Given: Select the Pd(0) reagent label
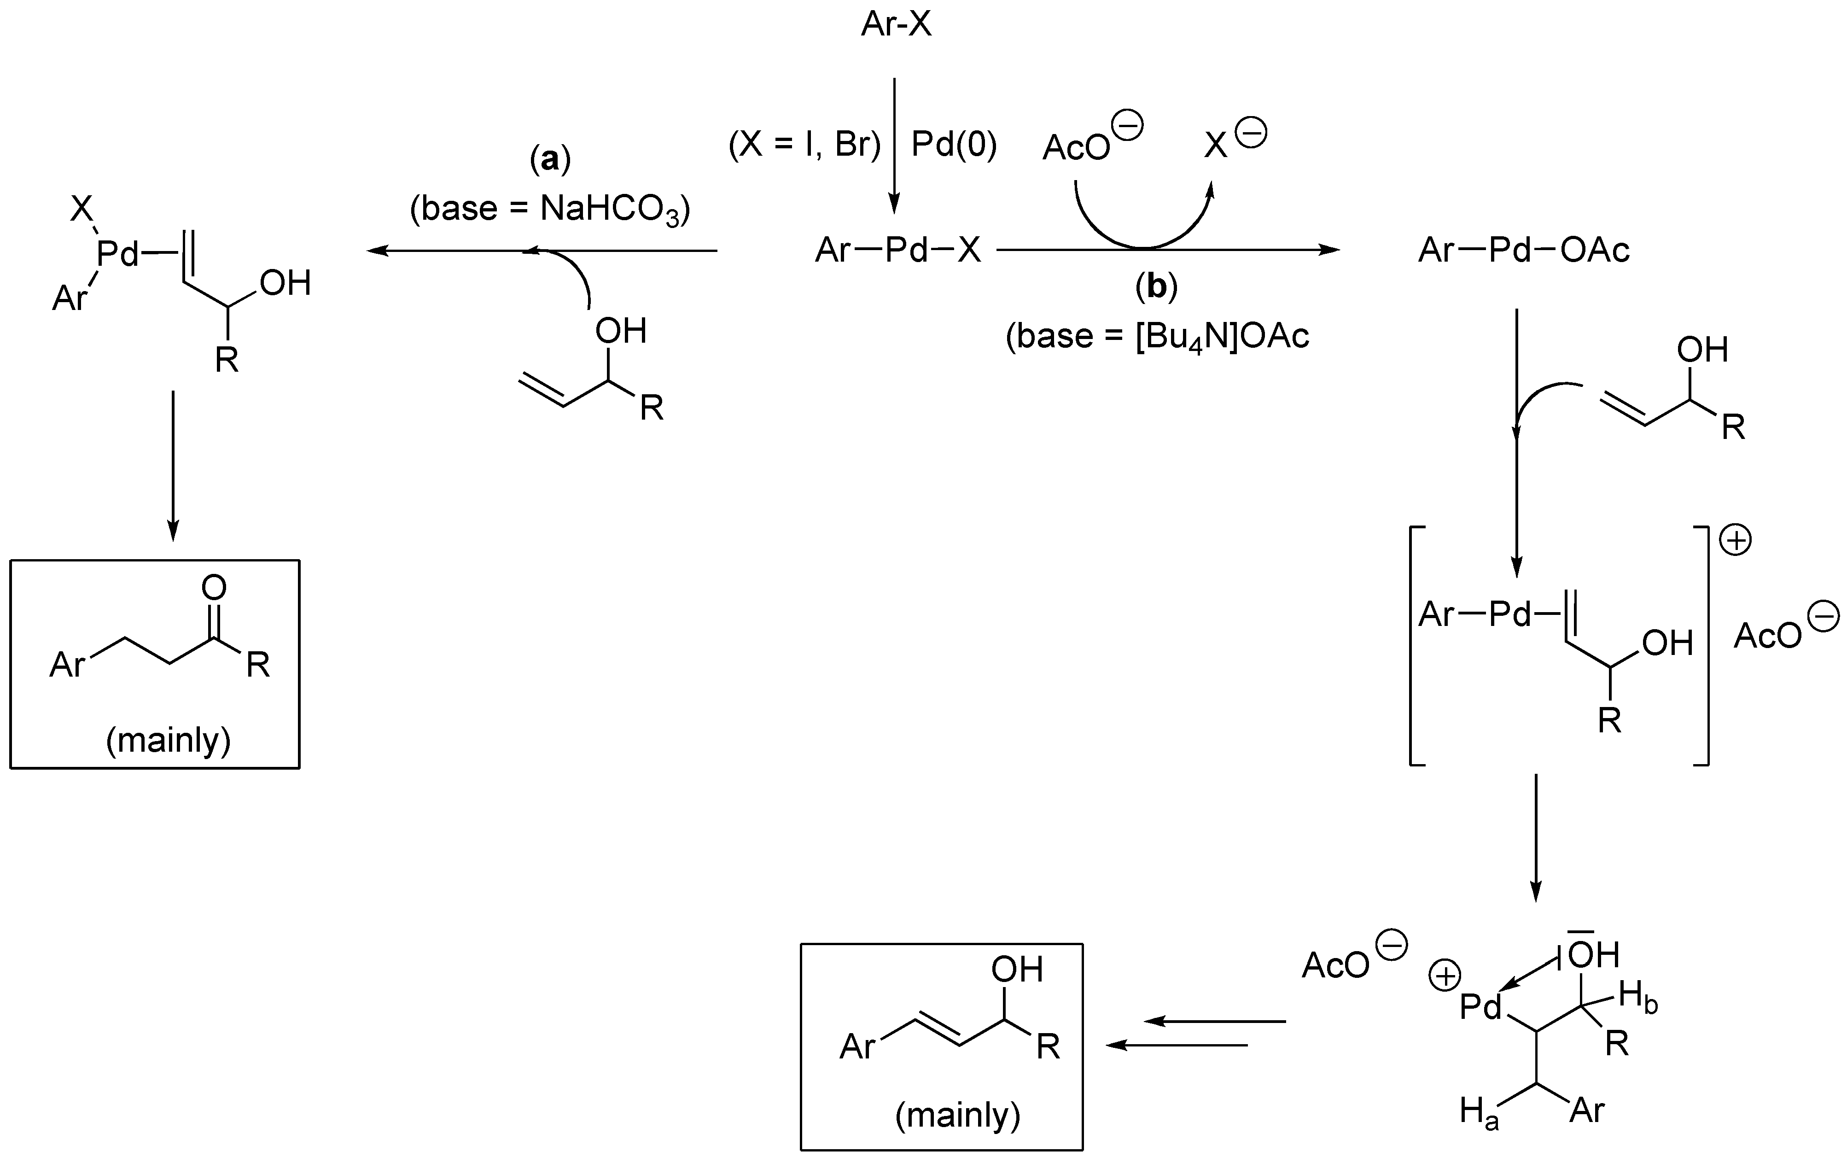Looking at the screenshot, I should [953, 144].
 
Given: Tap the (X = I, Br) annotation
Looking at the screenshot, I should [804, 144].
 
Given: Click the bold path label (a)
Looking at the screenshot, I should [550, 159].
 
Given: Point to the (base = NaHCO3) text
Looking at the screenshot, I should [550, 209].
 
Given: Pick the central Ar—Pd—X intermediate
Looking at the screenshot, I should [897, 250].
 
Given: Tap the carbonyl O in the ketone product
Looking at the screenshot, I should [214, 588].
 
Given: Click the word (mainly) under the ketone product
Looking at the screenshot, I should [168, 740].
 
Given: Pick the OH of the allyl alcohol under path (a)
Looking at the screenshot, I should [621, 332].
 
